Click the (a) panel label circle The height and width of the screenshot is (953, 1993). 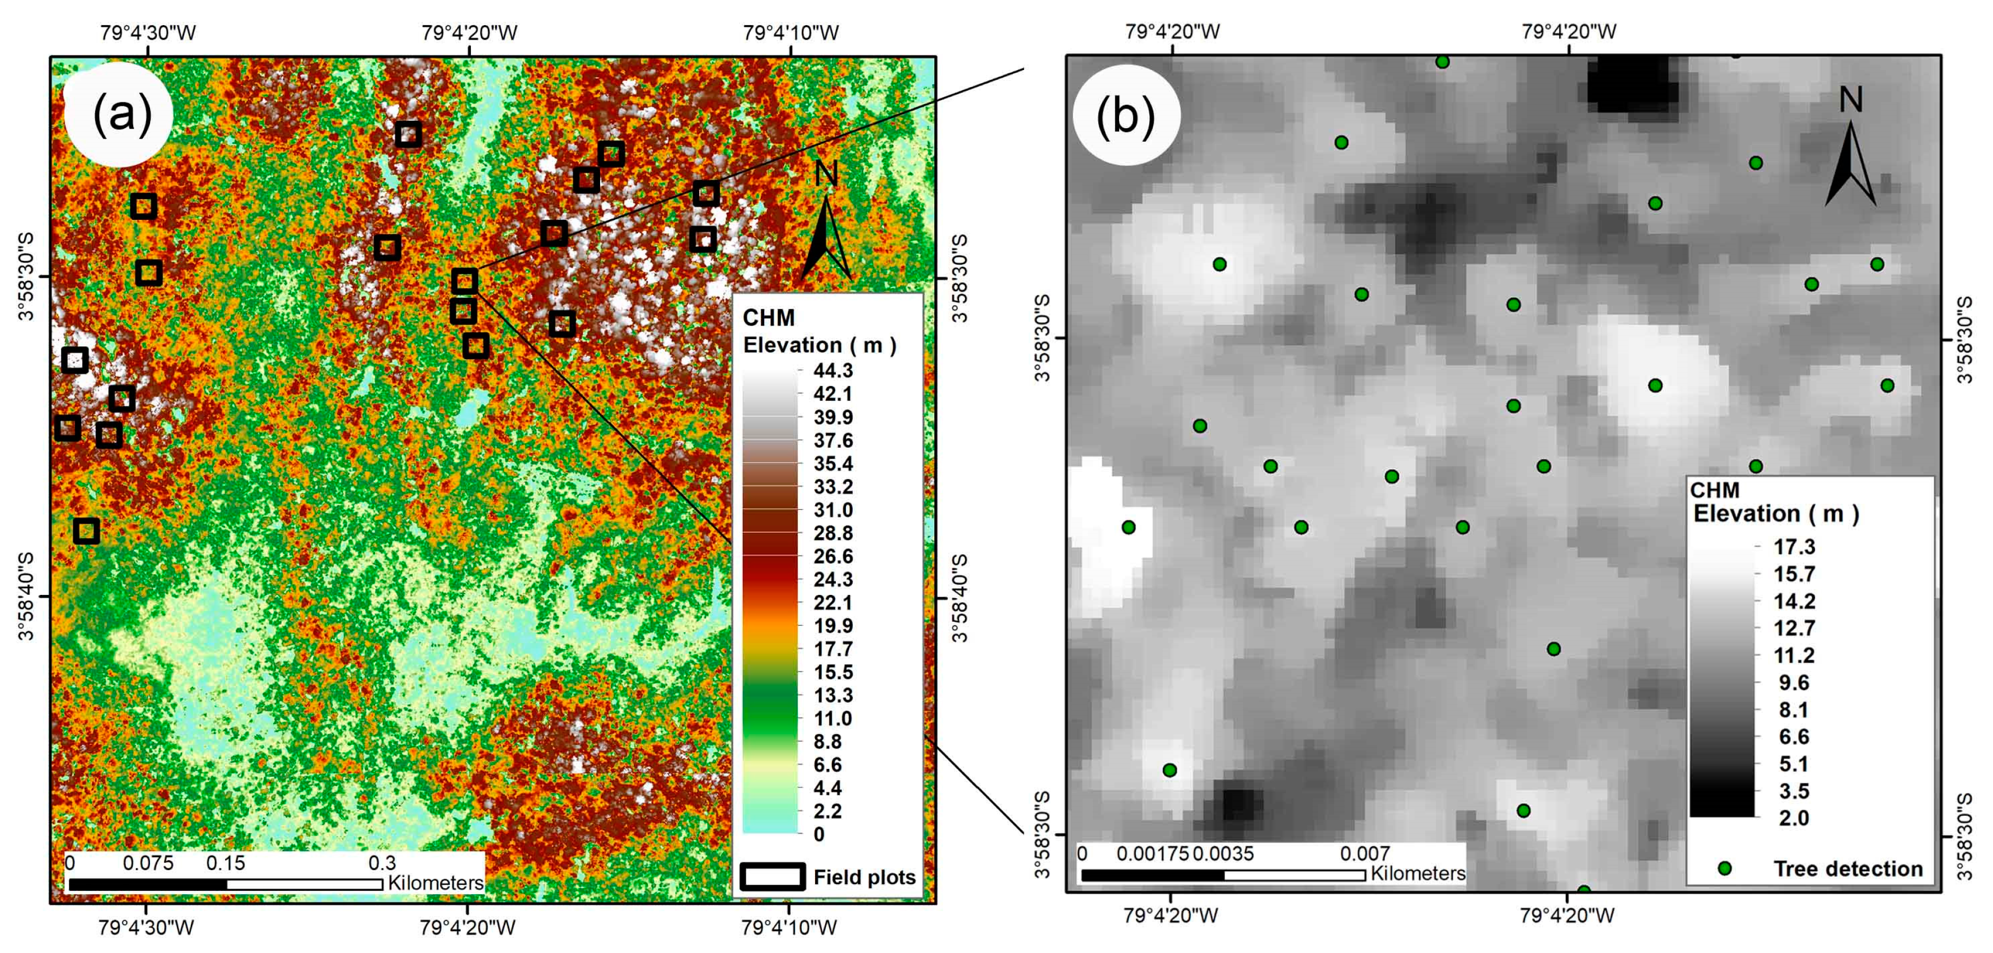tap(120, 115)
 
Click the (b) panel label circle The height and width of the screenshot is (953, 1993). tap(1126, 115)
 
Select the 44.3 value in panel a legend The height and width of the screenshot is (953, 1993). tap(832, 370)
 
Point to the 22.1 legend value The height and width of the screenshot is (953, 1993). tap(832, 603)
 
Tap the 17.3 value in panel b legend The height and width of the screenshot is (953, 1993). tap(1793, 547)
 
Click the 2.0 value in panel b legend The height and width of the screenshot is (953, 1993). tap(1793, 818)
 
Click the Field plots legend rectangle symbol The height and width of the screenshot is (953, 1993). tap(772, 876)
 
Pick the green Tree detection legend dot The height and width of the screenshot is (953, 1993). tap(1724, 868)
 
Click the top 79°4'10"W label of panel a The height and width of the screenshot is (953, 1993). tap(790, 32)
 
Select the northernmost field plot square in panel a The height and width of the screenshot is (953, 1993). tap(409, 135)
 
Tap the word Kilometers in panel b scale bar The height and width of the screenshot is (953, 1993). tap(1417, 874)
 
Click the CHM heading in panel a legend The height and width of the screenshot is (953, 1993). tap(768, 318)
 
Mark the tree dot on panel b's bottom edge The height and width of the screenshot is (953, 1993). tap(1584, 890)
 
